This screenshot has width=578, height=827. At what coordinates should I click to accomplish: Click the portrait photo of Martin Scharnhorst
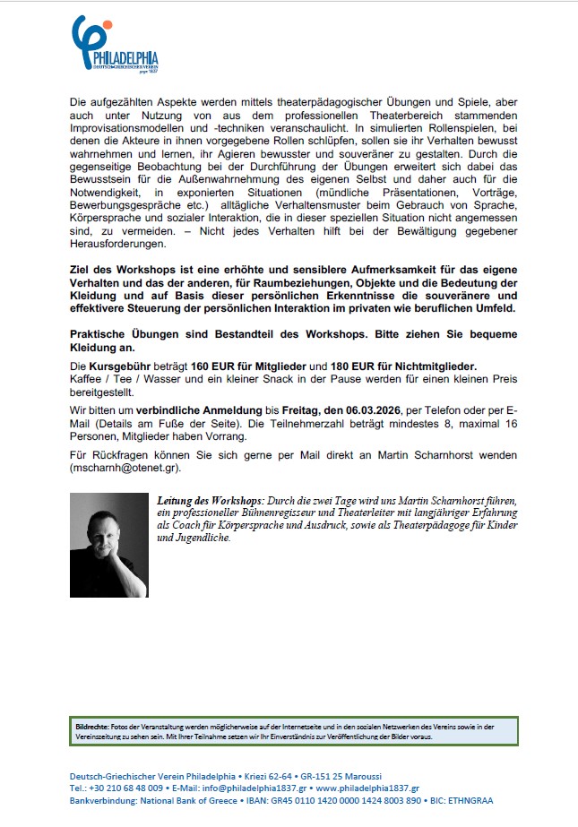[108, 545]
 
